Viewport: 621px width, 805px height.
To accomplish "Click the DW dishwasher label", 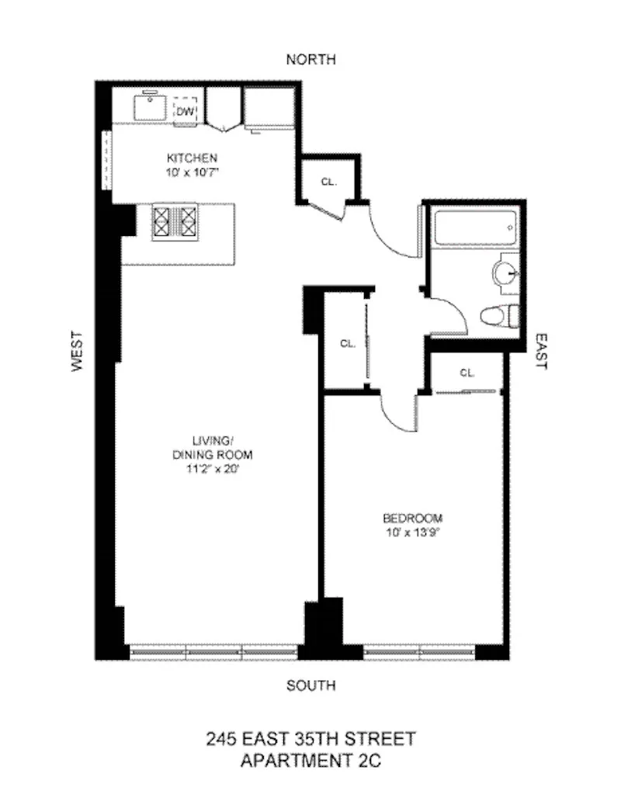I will tap(184, 112).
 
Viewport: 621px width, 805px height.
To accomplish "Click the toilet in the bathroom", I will tap(497, 317).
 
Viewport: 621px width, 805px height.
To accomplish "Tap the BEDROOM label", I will tap(412, 518).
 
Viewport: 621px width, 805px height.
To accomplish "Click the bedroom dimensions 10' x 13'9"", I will tap(412, 532).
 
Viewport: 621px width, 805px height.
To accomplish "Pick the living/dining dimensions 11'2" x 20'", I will tap(212, 469).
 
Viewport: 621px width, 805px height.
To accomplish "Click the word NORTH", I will tap(310, 60).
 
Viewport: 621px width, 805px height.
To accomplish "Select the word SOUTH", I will tap(310, 685).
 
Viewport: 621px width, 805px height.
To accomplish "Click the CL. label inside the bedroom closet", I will tap(467, 373).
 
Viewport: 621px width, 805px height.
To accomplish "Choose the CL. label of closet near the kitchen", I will tap(328, 182).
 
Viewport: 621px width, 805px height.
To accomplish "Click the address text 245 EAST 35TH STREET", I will tap(310, 737).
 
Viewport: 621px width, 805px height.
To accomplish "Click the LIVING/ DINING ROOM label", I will tap(212, 447).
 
